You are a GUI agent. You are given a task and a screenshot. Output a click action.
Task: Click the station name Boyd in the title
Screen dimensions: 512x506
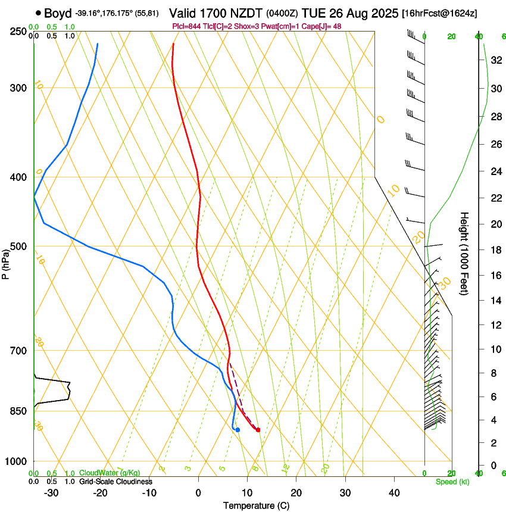pos(57,13)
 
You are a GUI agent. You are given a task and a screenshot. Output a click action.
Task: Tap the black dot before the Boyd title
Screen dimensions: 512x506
pos(39,13)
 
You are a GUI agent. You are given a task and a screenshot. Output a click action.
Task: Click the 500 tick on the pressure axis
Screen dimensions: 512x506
pos(18,246)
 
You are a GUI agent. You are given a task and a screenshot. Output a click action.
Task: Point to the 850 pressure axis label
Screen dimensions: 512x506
pos(18,411)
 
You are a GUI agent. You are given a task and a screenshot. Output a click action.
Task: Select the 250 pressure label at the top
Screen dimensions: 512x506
pos(18,32)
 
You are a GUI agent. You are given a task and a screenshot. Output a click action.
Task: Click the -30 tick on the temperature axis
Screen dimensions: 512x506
pos(51,492)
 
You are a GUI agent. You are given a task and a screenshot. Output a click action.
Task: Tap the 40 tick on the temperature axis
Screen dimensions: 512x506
pos(394,492)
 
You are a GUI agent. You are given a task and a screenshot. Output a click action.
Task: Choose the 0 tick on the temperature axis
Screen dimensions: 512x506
pos(198,492)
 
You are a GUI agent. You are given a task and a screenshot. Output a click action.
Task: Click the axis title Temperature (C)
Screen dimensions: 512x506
pos(256,505)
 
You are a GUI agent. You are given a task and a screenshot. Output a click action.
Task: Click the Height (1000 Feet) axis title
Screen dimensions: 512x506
pos(465,254)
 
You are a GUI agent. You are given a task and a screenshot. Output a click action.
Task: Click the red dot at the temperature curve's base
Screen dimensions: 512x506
pos(258,430)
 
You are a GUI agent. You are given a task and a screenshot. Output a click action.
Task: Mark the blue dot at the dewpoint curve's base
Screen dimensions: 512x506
pos(238,430)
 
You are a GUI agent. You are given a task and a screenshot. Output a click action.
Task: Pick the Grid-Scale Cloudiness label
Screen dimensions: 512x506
pos(115,481)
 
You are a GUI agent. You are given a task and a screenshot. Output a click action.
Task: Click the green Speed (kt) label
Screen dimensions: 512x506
pos(452,481)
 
